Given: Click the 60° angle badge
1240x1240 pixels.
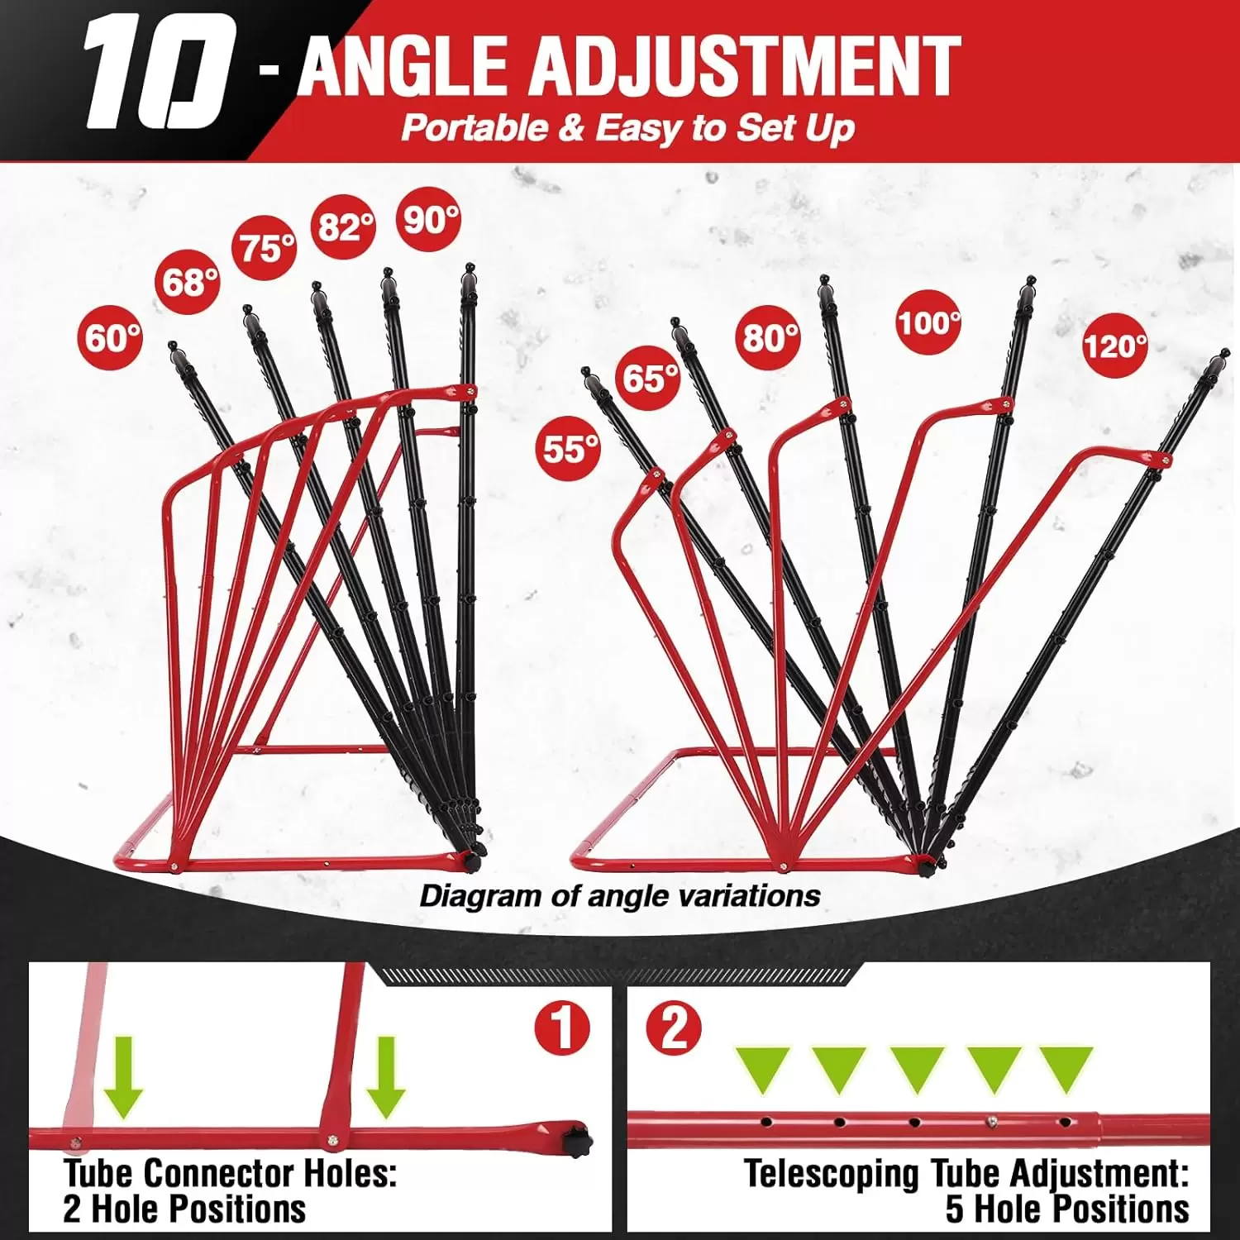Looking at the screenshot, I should click(110, 338).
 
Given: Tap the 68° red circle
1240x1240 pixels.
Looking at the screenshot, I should click(189, 283).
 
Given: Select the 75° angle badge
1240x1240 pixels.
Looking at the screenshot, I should click(265, 247).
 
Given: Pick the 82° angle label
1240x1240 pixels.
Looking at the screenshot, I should click(344, 226).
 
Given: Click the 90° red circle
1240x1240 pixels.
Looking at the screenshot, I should click(430, 220).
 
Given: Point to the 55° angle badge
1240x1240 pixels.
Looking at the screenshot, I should click(570, 449).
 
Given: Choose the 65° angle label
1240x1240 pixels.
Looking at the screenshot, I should click(650, 379).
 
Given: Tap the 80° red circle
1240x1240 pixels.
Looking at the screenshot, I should click(769, 337).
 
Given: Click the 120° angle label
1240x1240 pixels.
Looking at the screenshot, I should click(1115, 345).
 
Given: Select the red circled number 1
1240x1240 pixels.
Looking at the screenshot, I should click(562, 1029).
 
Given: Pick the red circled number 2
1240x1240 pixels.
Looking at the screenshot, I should click(674, 1029).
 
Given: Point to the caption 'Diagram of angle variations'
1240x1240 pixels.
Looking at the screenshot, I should click(619, 896).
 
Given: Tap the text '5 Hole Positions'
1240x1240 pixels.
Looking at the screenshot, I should click(1066, 1209).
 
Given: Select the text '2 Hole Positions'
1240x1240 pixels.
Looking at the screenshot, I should click(184, 1209).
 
